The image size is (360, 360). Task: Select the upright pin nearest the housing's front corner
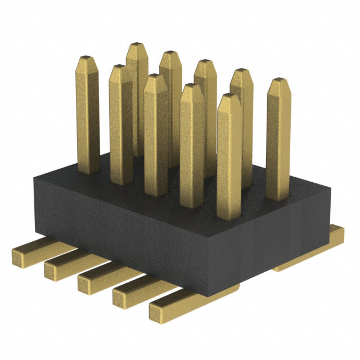tap(228, 146)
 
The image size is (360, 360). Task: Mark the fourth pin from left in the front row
tap(192, 141)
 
